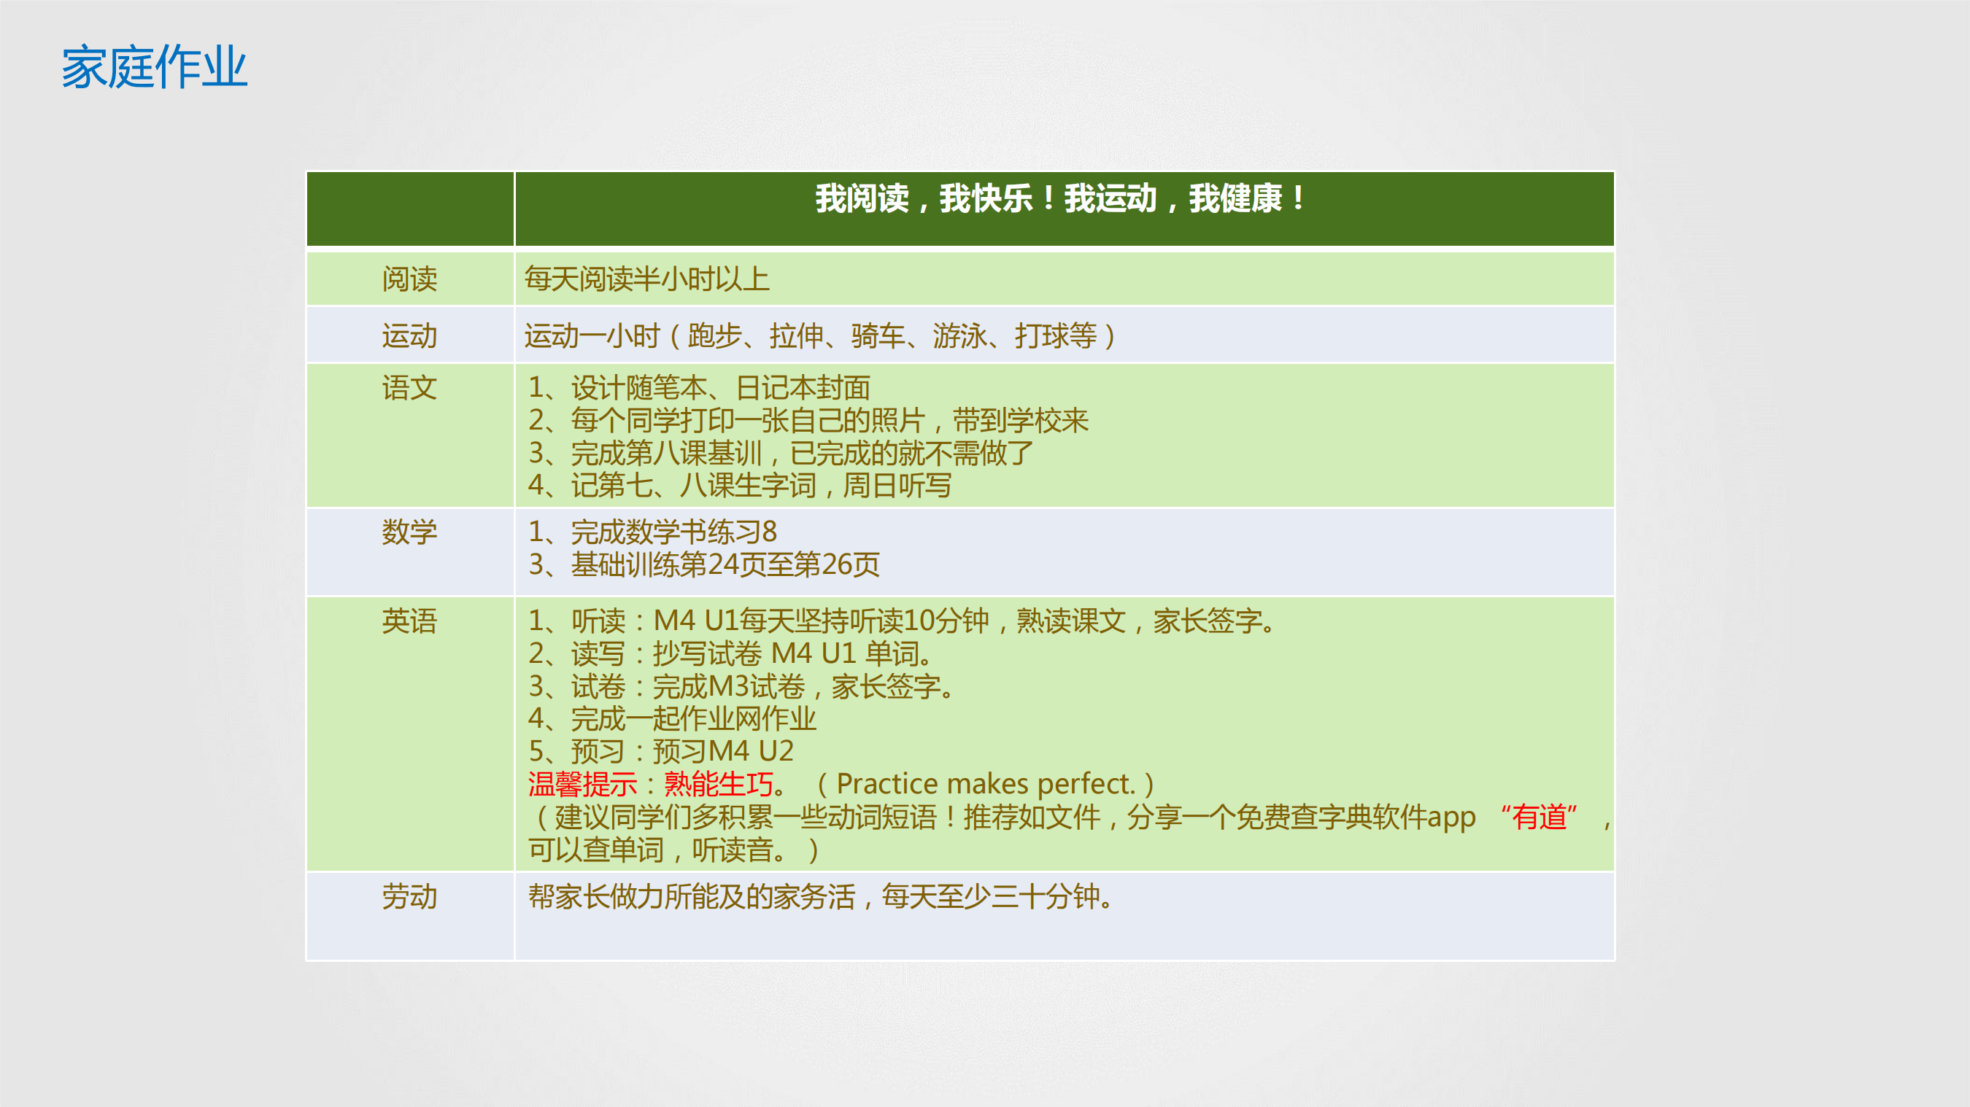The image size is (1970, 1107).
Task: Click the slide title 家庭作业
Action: [x=155, y=67]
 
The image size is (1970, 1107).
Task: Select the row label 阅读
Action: [x=410, y=279]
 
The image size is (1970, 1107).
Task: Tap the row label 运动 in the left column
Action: [x=410, y=335]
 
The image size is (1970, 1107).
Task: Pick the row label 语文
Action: [x=410, y=388]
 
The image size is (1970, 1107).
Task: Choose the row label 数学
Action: [x=410, y=532]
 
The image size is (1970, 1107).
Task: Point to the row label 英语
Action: [x=410, y=621]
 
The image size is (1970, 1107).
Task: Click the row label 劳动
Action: [x=410, y=896]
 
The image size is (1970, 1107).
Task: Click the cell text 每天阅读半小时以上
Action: [x=647, y=279]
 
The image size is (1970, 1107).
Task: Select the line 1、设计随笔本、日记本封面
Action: [x=699, y=388]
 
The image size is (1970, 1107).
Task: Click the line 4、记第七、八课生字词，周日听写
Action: [x=740, y=486]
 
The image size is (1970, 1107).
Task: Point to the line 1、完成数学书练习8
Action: [x=652, y=532]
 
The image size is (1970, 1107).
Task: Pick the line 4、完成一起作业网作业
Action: [x=672, y=718]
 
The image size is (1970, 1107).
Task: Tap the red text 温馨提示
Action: [x=582, y=785]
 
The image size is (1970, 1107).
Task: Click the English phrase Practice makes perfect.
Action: [x=986, y=785]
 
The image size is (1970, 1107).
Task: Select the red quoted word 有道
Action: [x=1540, y=817]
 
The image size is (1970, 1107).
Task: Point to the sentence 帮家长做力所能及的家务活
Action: [x=692, y=896]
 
